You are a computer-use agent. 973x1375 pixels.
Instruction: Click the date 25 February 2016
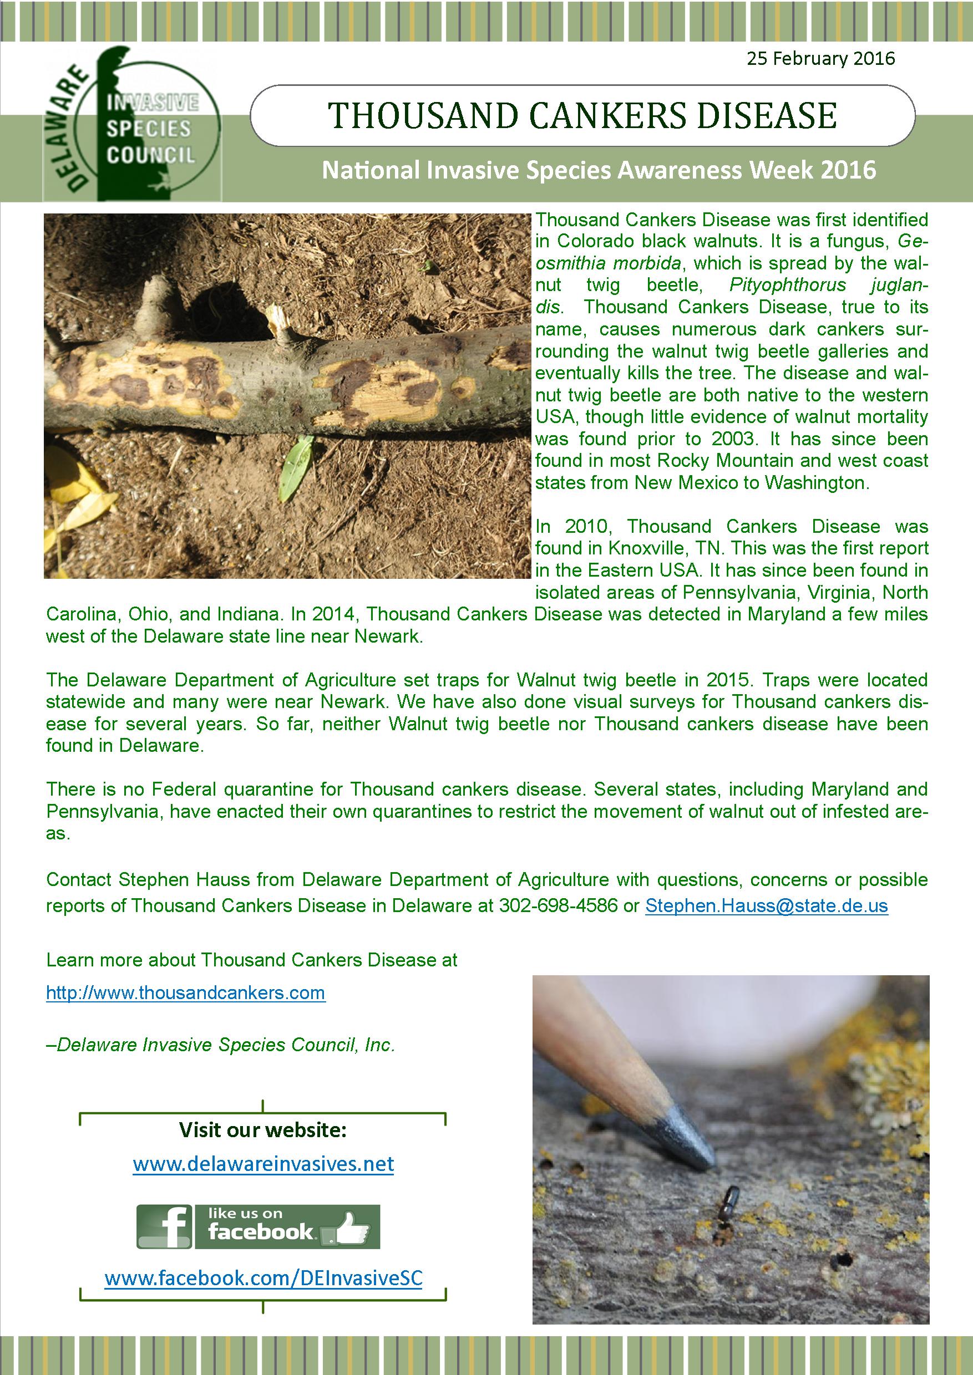(820, 59)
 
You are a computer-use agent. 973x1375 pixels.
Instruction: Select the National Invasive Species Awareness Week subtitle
(599, 170)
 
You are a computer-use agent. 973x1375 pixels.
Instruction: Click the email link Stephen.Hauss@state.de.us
(766, 905)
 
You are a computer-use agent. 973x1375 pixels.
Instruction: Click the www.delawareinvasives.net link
(263, 1164)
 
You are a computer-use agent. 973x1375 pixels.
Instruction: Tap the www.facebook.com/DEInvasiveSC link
(263, 1277)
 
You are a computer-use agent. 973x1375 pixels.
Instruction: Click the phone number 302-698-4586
(558, 905)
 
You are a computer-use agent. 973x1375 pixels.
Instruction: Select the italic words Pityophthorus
(787, 285)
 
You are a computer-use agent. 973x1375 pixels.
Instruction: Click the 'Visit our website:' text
(262, 1129)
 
